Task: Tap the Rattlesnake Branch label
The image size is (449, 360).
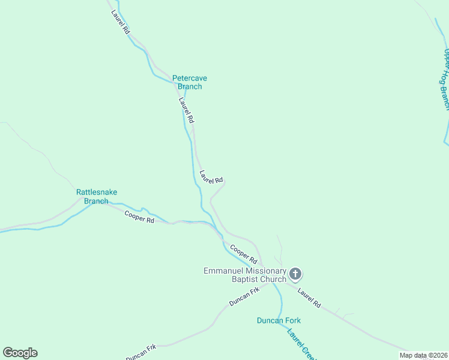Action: pos(97,197)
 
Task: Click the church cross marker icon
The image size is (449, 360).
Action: pos(295,274)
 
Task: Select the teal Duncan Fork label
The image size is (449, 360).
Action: pos(279,320)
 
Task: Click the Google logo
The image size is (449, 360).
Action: pos(20,353)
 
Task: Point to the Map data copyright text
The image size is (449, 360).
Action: pos(423,355)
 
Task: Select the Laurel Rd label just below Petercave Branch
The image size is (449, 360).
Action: pos(186,110)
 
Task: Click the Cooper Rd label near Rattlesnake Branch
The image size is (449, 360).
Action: pos(139,217)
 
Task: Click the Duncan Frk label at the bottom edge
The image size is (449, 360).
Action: pos(140,352)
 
